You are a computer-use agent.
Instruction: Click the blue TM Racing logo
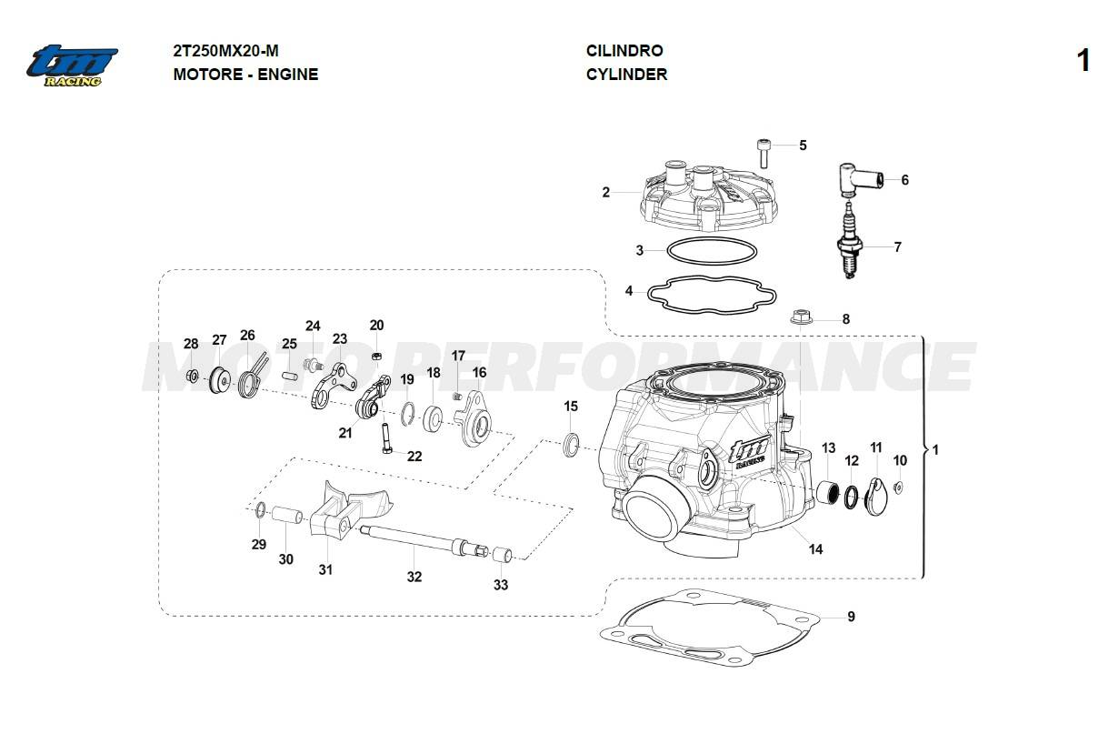coord(72,65)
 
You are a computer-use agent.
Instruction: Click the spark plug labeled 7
coord(850,243)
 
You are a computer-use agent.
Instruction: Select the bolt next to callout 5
coord(764,152)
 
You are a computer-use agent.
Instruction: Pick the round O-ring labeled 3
coord(712,250)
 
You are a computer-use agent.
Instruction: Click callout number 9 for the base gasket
coord(851,617)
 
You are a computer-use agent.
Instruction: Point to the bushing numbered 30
coord(289,516)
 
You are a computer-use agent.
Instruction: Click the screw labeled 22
coord(387,439)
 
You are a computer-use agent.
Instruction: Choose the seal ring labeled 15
coord(572,444)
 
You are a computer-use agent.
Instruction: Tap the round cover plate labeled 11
coord(876,496)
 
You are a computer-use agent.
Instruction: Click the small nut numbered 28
coord(192,377)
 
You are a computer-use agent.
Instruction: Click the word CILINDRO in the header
coord(624,51)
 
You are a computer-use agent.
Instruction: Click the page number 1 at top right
coord(1083,61)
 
